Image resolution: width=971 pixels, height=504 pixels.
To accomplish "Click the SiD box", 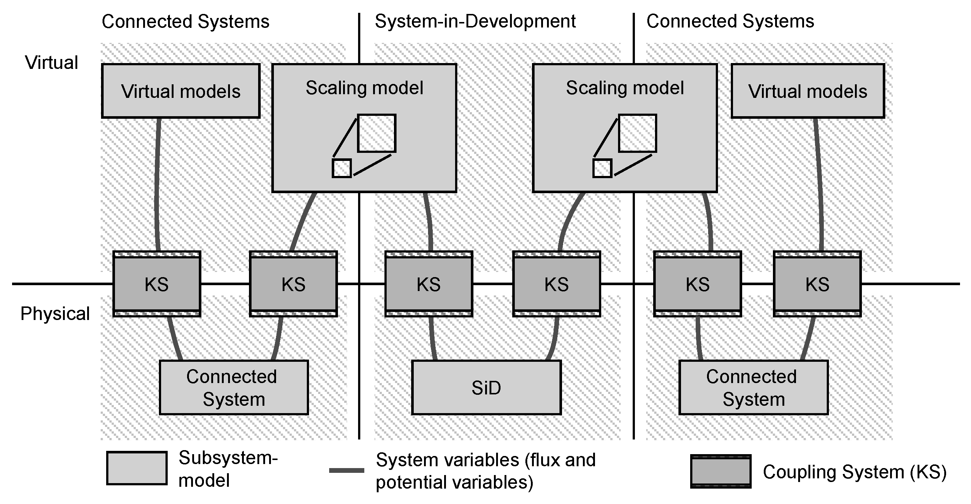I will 486,387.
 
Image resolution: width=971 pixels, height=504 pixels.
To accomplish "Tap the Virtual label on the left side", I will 52,63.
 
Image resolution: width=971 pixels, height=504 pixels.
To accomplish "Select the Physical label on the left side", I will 55,313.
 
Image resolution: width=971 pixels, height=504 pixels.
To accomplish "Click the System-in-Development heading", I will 475,22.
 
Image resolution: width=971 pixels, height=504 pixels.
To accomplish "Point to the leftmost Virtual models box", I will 181,91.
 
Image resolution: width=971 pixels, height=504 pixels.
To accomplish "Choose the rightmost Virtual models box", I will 808,91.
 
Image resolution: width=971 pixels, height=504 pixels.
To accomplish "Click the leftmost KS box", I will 157,284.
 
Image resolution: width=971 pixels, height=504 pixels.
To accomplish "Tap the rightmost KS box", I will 817,284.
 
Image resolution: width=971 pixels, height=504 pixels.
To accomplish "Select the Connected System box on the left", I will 234,387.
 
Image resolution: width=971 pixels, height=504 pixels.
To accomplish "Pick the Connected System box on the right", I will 754,387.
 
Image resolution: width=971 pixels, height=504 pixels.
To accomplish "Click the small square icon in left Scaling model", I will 342,168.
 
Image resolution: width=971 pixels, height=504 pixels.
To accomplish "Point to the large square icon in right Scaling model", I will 637,133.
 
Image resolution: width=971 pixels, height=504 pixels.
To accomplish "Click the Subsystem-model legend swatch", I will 137,468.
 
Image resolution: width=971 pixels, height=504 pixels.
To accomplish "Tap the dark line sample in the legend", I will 346,470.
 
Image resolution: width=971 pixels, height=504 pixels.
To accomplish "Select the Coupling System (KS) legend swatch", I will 721,471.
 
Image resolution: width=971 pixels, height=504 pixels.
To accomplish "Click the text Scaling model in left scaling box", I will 364,88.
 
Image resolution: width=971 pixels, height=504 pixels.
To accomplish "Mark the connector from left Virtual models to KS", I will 156,185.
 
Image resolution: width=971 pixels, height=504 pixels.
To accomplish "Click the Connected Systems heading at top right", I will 730,22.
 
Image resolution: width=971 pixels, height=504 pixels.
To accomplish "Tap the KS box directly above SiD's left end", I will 429,284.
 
